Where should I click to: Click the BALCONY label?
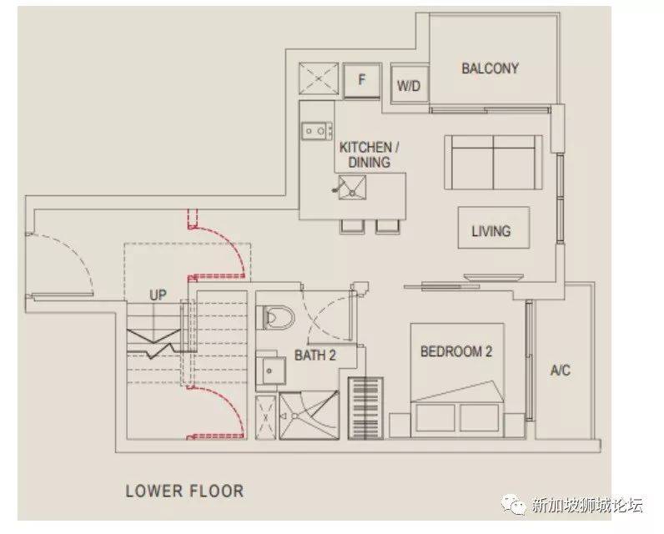pos(490,68)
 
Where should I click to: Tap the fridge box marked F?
pos(362,80)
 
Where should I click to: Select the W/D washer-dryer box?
pos(409,84)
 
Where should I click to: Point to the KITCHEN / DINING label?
pos(370,154)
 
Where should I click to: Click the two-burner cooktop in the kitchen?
pos(317,131)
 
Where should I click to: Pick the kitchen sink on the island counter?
pos(351,188)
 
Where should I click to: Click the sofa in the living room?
pos(493,162)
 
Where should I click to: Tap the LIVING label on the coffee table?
pos(491,231)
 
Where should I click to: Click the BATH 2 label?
pos(315,355)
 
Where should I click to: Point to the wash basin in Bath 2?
pos(271,370)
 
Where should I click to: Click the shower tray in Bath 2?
pos(309,416)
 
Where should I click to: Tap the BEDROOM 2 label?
pos(456,351)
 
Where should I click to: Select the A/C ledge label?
pos(561,370)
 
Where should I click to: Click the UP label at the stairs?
pos(158,295)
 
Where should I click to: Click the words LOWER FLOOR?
pos(184,491)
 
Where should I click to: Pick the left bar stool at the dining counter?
pos(352,227)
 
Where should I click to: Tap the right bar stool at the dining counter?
pos(388,227)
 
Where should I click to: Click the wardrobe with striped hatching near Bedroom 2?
pos(365,408)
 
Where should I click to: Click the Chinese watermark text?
pos(587,505)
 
